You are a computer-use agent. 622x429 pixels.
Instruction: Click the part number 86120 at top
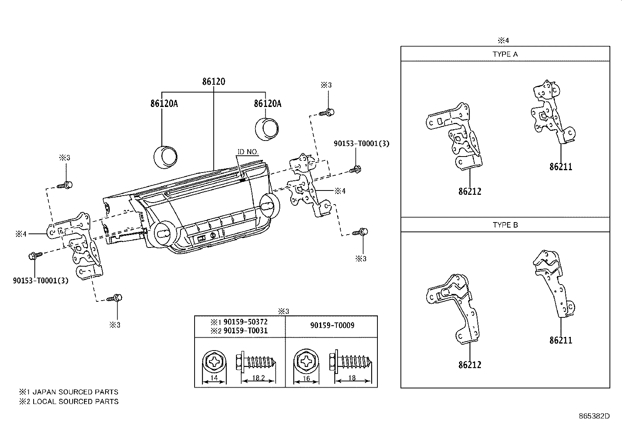coord(214,82)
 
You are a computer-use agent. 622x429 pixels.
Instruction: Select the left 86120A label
coord(164,103)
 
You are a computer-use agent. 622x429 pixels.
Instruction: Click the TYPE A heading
coord(505,54)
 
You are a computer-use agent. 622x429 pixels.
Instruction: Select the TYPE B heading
coord(505,225)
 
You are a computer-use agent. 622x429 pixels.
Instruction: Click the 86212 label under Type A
coord(470,192)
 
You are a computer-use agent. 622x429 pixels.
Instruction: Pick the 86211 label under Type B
coord(561,340)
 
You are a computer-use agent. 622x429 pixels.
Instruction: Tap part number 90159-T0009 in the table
coord(332,325)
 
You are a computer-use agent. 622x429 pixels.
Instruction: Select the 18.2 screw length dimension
coord(258,378)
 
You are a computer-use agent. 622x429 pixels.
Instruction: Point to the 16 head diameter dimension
coord(306,378)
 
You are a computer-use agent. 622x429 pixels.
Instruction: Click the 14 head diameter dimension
coord(214,378)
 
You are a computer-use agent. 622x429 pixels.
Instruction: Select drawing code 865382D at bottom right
coord(594,416)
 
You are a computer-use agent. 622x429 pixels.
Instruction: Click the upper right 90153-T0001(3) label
coord(361,144)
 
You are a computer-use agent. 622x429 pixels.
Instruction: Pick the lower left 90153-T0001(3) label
coord(41,280)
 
